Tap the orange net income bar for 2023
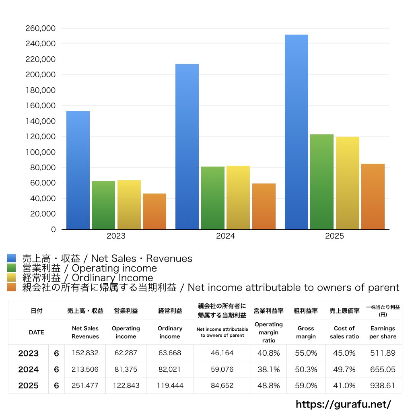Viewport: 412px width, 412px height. coord(154,211)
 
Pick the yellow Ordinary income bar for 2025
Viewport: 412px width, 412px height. coord(348,183)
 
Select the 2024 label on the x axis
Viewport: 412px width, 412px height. coord(225,236)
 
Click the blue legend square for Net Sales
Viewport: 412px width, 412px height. coord(12,258)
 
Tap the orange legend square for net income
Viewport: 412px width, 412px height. coord(12,287)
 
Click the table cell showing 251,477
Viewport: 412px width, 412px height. coord(85,385)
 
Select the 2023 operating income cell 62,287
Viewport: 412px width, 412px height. coord(126,353)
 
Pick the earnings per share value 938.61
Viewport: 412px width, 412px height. coord(383,385)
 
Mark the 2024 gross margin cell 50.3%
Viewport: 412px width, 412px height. coord(306,369)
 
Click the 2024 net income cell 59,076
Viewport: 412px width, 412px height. coord(222,369)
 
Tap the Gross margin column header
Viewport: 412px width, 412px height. coord(306,332)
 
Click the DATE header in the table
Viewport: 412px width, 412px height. coord(36,332)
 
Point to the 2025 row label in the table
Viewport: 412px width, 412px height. coord(29,385)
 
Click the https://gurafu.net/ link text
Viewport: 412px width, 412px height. coord(343,404)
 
